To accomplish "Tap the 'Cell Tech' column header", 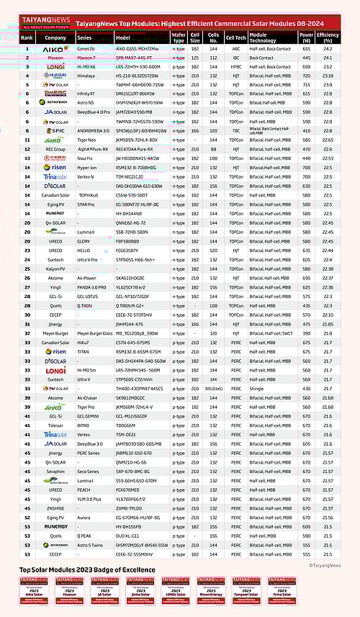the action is click(235, 37).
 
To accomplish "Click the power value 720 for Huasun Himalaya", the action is click(306, 74).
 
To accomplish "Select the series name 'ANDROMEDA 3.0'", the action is click(91, 130).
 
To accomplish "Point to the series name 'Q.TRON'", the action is click(86, 305).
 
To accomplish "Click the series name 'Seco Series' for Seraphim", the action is click(88, 472).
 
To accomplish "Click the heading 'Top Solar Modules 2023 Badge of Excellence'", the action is click(87, 569).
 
